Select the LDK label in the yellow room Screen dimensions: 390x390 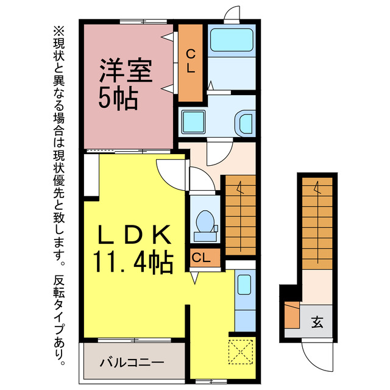(x=134, y=235)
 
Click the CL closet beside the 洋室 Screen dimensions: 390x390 (x=190, y=63)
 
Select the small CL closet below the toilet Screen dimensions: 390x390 (x=201, y=258)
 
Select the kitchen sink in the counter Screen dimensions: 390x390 (x=244, y=285)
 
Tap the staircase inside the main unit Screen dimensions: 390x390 (x=239, y=214)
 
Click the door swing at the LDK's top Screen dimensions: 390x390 (x=171, y=171)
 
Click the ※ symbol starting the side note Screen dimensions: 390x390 (x=58, y=29)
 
